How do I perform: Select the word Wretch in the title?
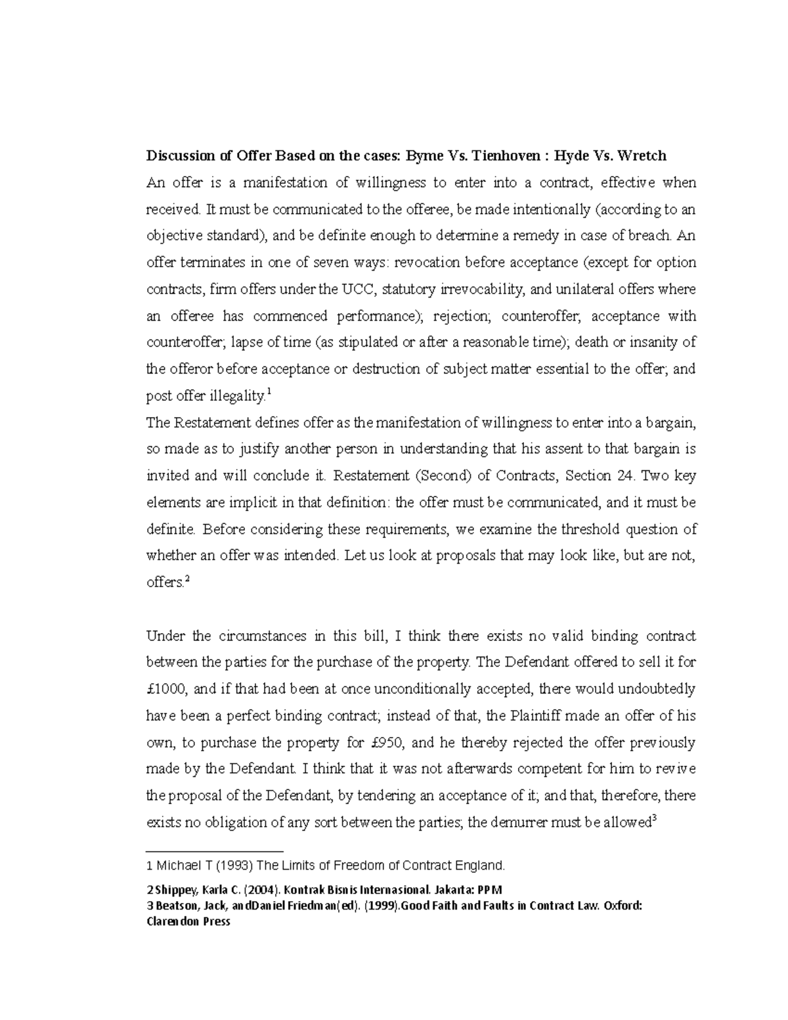(x=641, y=156)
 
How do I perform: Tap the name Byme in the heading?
(x=424, y=156)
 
